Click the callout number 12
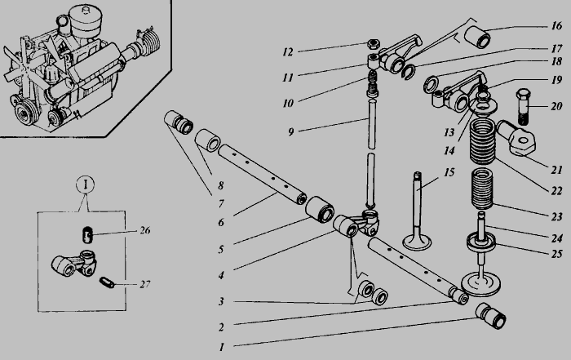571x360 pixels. click(288, 52)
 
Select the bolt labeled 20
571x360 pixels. click(524, 105)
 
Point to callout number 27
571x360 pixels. click(145, 284)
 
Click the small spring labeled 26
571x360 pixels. click(86, 234)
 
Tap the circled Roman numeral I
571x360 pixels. click(85, 184)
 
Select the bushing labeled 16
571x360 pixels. click(477, 37)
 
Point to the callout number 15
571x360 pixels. click(449, 172)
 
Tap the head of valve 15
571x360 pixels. click(417, 242)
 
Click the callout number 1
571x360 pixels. click(221, 347)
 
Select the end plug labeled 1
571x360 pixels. click(490, 316)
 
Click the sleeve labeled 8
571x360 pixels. click(207, 140)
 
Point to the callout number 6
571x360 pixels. click(221, 222)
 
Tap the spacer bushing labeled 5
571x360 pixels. click(320, 210)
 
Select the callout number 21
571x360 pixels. click(556, 170)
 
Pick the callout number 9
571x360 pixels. click(290, 131)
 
